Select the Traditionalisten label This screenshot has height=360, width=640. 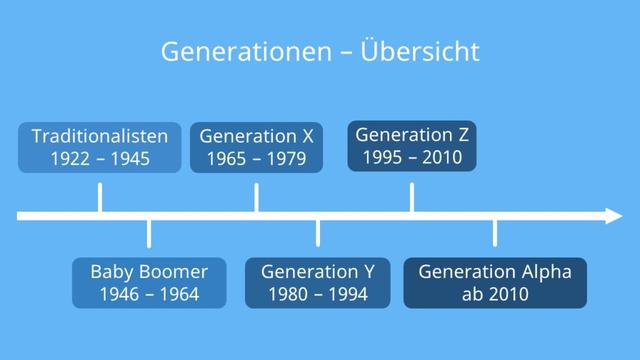point(99,136)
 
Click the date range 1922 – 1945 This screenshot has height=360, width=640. point(99,158)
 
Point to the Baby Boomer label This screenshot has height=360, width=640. point(149,271)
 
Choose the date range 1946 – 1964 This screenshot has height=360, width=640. point(149,294)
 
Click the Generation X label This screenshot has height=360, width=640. point(256,136)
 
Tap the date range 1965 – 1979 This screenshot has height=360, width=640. point(256,158)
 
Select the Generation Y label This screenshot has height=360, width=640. point(318,271)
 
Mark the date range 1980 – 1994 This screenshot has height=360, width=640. point(318,294)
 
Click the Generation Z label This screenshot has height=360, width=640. point(411,134)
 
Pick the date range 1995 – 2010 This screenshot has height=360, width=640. point(411,157)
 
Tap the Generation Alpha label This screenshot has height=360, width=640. point(495,271)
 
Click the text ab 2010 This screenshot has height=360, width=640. point(495,294)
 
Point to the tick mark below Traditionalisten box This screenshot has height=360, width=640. point(99,197)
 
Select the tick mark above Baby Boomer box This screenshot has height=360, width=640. point(149,234)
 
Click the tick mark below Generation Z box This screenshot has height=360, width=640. point(411,197)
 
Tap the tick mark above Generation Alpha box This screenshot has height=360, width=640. point(495,234)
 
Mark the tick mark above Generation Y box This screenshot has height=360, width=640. point(318,234)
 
